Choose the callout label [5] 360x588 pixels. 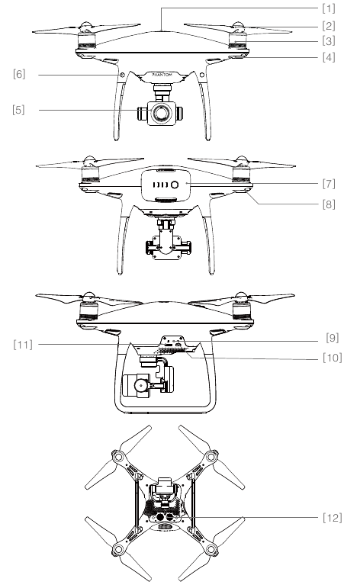pos(19,110)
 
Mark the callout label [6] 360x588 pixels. pos(19,75)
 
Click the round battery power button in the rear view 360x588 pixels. pos(175,185)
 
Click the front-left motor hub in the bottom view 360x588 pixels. pos(118,457)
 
